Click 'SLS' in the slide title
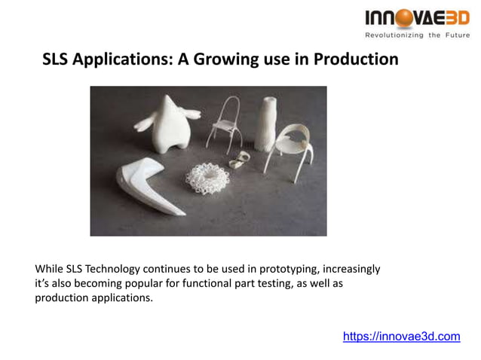point(57,59)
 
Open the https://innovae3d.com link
point(401,336)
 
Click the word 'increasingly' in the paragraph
point(354,269)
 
